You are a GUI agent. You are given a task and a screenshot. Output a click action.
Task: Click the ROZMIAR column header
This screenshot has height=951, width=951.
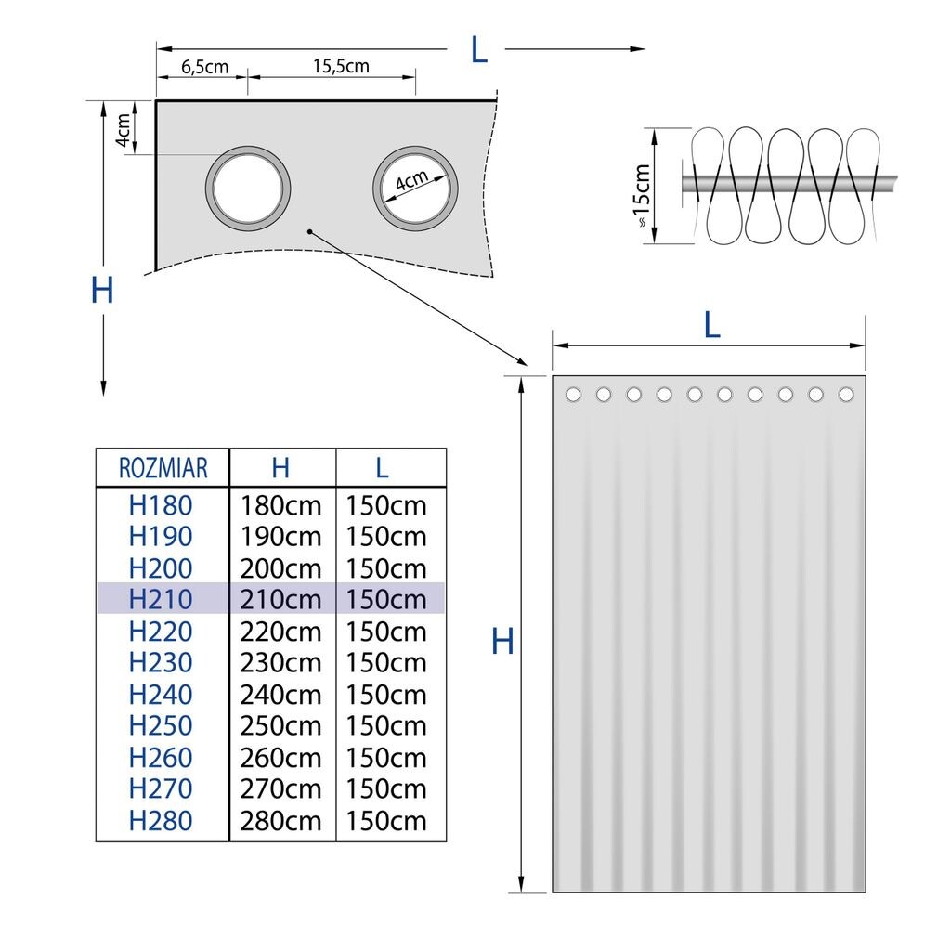[163, 467]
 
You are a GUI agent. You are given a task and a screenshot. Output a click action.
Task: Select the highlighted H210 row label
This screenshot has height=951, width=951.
[161, 599]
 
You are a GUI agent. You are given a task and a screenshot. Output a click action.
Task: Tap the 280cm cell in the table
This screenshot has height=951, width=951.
[280, 821]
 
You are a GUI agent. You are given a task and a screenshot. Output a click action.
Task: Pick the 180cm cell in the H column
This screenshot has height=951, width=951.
[280, 505]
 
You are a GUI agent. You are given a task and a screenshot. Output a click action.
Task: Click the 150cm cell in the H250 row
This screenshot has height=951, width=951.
[386, 725]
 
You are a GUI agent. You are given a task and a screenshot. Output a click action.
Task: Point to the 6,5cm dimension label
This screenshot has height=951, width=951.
[203, 67]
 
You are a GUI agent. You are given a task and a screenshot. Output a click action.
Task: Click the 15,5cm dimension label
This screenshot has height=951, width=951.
[340, 66]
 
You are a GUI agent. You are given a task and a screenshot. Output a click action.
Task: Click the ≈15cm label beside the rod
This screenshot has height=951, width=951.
[641, 196]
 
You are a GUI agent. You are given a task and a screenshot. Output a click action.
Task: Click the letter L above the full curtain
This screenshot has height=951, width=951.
[711, 325]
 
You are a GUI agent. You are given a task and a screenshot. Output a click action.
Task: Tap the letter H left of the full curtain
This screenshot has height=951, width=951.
[502, 641]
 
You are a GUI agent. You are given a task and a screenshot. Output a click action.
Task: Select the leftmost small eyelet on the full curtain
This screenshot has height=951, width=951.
[573, 395]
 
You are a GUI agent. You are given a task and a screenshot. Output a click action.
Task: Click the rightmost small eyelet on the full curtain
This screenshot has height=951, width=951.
[846, 395]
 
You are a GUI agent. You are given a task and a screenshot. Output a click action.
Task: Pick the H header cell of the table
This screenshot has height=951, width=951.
[280, 467]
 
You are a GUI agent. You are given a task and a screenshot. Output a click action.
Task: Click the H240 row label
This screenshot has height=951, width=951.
[161, 694]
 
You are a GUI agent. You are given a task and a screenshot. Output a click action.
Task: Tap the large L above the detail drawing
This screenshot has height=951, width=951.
[478, 50]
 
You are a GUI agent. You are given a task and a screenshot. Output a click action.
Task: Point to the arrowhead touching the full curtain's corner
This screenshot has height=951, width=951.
[522, 361]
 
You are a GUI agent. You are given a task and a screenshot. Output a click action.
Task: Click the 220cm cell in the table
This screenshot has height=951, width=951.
[280, 632]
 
